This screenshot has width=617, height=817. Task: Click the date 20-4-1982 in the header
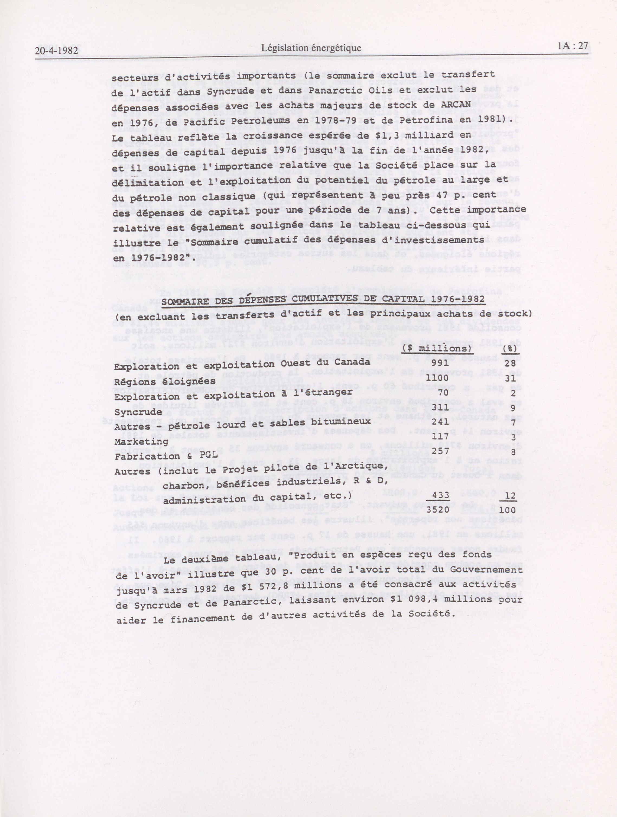[57, 50]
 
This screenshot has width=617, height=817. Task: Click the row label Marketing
[141, 442]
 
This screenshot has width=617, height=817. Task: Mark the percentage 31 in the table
[510, 379]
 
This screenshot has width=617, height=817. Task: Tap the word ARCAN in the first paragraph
[455, 104]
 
